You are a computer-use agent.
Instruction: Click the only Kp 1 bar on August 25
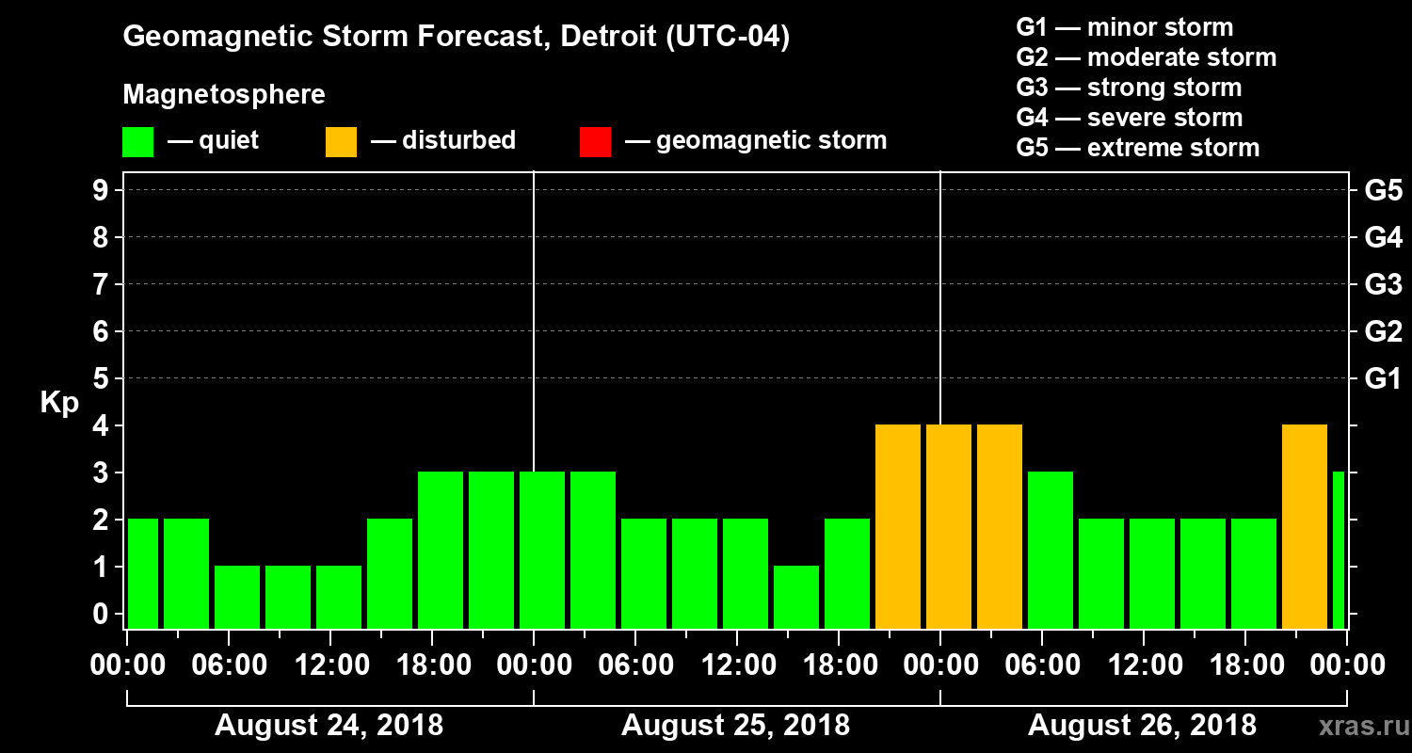click(x=796, y=597)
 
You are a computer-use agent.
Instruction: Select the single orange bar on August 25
click(x=898, y=526)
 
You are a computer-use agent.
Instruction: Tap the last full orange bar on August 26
click(x=1305, y=526)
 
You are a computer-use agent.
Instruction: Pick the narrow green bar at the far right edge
click(x=1339, y=550)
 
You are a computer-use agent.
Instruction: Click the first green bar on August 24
click(x=143, y=573)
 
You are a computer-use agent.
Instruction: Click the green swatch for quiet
click(x=138, y=142)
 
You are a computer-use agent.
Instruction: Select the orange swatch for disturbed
click(x=342, y=142)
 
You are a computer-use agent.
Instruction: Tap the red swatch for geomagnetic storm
click(x=596, y=142)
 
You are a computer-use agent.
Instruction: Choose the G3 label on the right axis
click(x=1383, y=285)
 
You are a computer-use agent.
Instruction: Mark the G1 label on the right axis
click(x=1383, y=379)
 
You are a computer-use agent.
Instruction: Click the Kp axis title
click(x=59, y=403)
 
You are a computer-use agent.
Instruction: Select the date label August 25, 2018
click(x=735, y=726)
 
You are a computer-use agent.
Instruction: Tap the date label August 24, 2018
click(x=329, y=726)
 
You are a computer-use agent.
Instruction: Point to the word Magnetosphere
click(x=224, y=95)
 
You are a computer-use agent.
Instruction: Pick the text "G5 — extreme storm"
click(x=1137, y=148)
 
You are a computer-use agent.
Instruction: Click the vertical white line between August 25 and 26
click(x=940, y=282)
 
